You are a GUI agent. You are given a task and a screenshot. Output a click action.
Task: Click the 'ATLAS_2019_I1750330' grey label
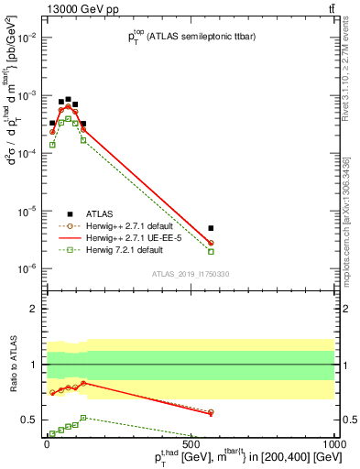point(190,273)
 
